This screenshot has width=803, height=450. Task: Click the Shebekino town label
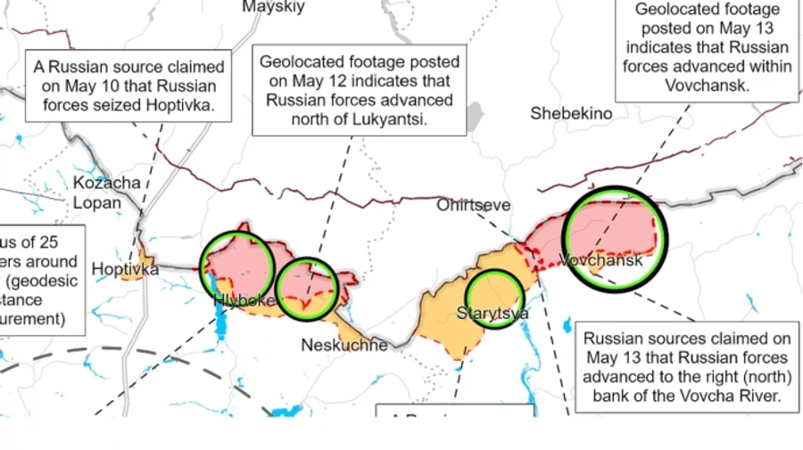(571, 113)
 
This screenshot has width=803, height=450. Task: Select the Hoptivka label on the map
(125, 268)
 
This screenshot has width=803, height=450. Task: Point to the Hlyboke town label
(244, 301)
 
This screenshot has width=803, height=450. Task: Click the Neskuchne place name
(344, 345)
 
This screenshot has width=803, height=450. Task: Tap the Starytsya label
(493, 313)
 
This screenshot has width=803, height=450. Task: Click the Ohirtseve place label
(474, 206)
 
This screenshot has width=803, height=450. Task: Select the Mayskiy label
(273, 7)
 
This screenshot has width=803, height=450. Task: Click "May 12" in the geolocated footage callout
(305, 81)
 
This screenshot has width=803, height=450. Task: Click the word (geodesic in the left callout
(46, 281)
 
